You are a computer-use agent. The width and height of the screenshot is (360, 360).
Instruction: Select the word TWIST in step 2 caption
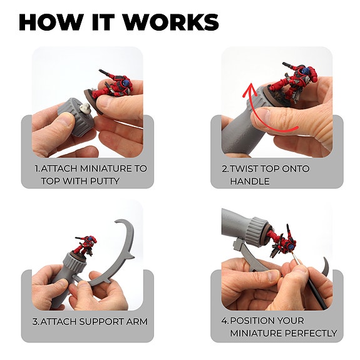click(x=247, y=168)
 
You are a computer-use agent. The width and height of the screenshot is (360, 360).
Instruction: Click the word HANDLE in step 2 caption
click(x=250, y=181)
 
